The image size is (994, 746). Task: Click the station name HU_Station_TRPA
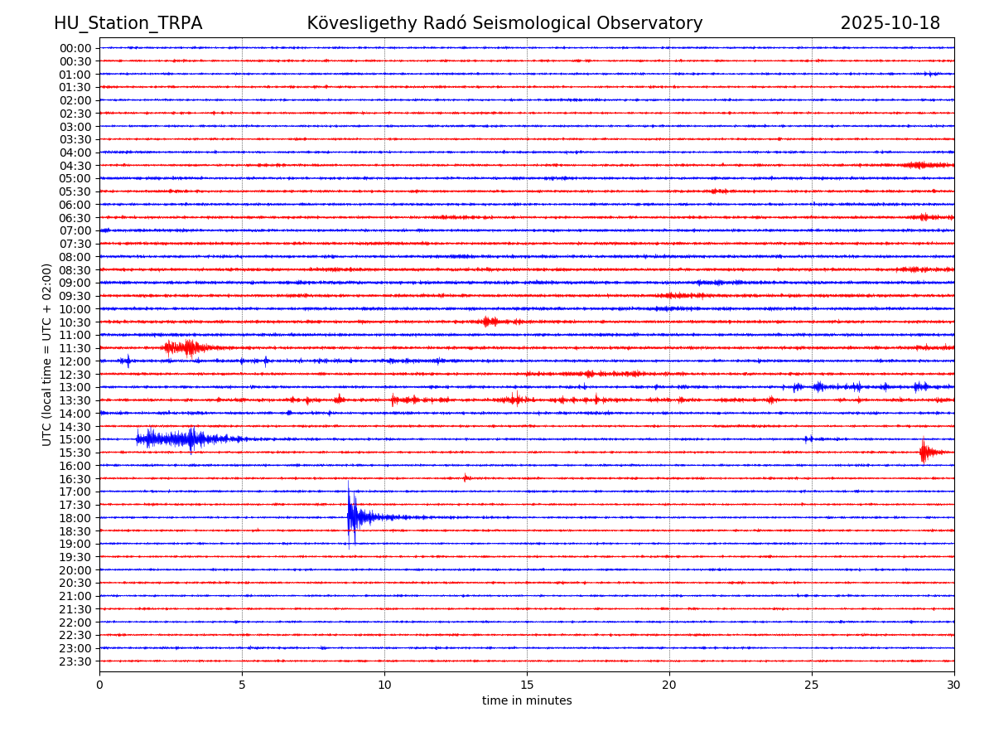tap(128, 23)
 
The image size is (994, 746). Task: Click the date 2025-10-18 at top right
tap(890, 23)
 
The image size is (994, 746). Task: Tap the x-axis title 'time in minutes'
tap(527, 700)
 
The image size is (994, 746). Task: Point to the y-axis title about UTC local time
tap(47, 354)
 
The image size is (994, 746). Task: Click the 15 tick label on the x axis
tap(527, 685)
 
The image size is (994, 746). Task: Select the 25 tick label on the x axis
tap(812, 685)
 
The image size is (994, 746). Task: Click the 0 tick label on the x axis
tap(99, 685)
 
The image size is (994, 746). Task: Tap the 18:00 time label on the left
tap(75, 518)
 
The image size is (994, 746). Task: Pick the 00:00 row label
tap(75, 48)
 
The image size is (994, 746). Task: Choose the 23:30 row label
tap(75, 661)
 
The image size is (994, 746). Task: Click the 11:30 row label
tap(75, 348)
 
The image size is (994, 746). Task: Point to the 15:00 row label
tap(75, 439)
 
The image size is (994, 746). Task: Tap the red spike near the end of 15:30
tap(924, 452)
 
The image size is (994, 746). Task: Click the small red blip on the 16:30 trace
tap(466, 477)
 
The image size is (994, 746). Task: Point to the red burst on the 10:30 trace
tap(490, 322)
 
